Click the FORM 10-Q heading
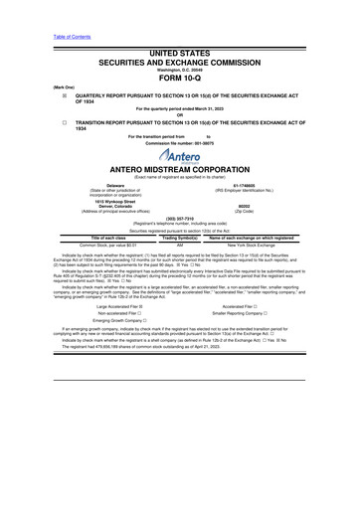(179, 55)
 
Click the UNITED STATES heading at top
(179, 21)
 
